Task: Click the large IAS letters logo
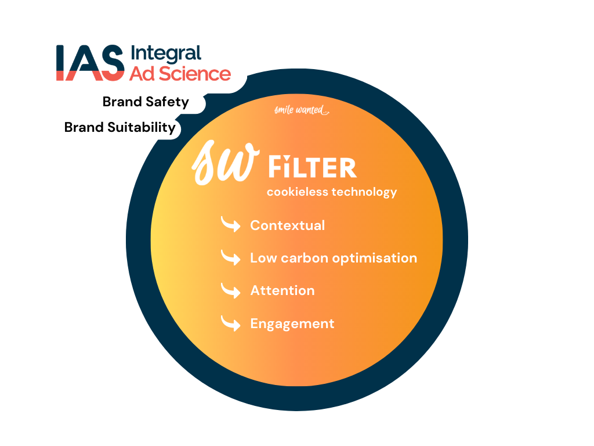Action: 90,63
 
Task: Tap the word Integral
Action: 166,54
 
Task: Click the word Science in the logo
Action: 195,74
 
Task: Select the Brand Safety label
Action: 146,102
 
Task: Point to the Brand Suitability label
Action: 120,127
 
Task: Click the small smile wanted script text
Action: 302,110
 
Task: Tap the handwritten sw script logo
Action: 226,163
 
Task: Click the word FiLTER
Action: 313,167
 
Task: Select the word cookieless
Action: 298,192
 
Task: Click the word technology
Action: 364,192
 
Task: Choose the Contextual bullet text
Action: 288,225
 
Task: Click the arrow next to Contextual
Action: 231,224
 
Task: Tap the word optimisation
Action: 375,258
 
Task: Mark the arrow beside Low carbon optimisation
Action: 231,257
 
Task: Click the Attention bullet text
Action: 282,290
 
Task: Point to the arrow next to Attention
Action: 231,290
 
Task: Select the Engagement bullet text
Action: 292,324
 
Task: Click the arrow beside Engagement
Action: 231,323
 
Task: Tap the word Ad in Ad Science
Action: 142,74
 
